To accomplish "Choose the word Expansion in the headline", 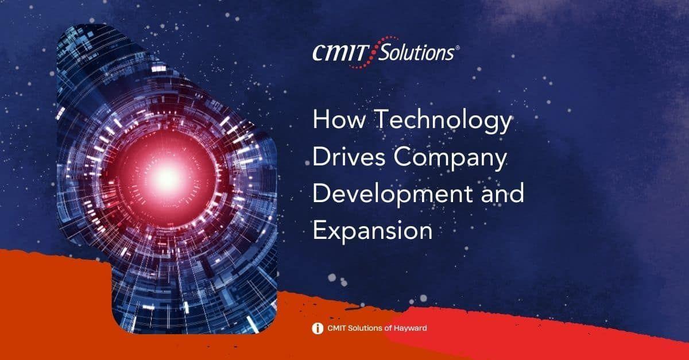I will (372, 230).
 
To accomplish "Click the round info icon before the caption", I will (316, 328).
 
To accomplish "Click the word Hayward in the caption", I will (408, 328).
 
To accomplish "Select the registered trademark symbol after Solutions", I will (457, 49).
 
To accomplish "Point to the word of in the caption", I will (386, 328).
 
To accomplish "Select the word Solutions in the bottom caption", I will (365, 328).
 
